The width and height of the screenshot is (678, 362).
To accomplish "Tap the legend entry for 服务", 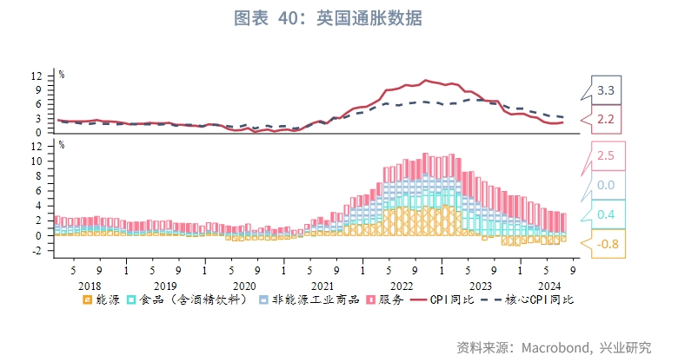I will coord(382,299).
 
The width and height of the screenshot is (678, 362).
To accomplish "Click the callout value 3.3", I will coord(606,89).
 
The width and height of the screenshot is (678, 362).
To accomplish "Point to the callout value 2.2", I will coord(606,119).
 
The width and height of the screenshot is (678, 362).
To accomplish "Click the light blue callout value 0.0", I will coord(606,185).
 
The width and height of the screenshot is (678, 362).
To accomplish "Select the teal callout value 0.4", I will coord(606,214).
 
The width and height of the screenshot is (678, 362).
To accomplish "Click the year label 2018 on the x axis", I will coord(90,285).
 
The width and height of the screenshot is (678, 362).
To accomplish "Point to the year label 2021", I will coord(322,285).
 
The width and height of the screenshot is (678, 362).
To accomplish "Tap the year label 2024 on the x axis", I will coord(549,285).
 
